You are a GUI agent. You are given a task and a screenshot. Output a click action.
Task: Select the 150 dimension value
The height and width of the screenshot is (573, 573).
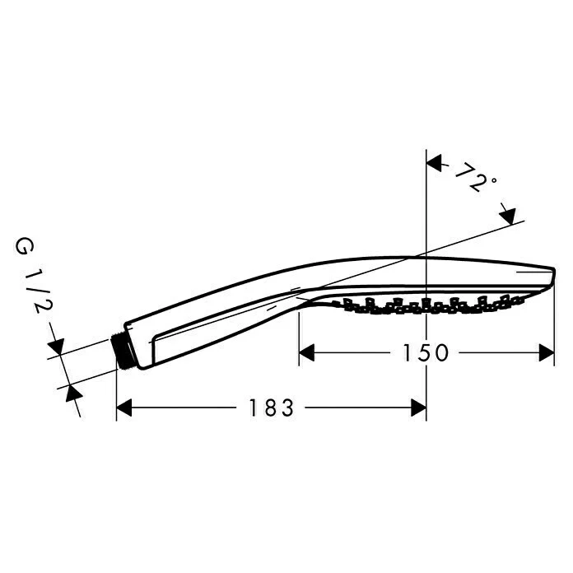tap(426, 353)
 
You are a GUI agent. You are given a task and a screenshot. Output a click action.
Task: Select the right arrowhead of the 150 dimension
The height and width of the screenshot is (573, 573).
tap(546, 353)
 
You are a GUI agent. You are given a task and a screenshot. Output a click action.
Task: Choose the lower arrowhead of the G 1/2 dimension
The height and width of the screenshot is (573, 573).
tap(72, 394)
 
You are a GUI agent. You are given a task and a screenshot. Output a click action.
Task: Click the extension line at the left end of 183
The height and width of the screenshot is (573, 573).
tap(116, 395)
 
